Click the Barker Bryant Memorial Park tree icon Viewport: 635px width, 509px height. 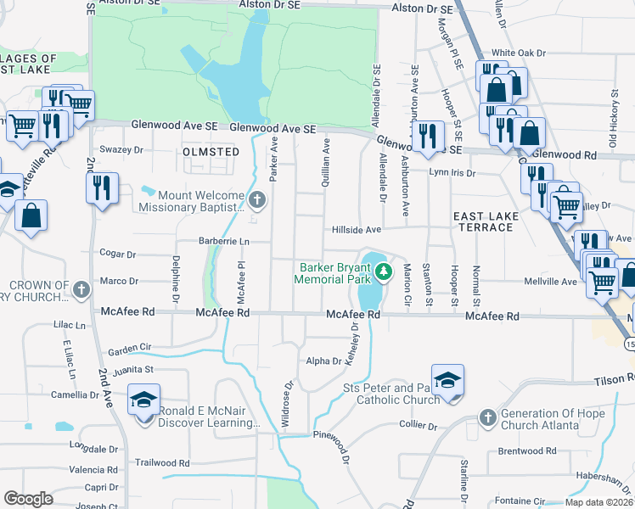385,271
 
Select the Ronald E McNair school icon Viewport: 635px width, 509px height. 144,400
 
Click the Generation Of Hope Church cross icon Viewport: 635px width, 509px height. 487,417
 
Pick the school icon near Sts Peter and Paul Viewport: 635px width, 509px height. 447,380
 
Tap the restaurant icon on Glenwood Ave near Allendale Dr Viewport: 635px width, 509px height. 428,136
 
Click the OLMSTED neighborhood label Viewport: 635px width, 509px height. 211,151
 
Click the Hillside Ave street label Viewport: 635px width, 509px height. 357,229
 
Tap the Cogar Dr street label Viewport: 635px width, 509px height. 118,254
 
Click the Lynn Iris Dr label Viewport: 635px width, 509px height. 452,172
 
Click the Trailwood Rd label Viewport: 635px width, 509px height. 162,463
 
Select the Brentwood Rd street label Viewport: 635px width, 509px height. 526,451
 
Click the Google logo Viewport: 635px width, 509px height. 29,498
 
